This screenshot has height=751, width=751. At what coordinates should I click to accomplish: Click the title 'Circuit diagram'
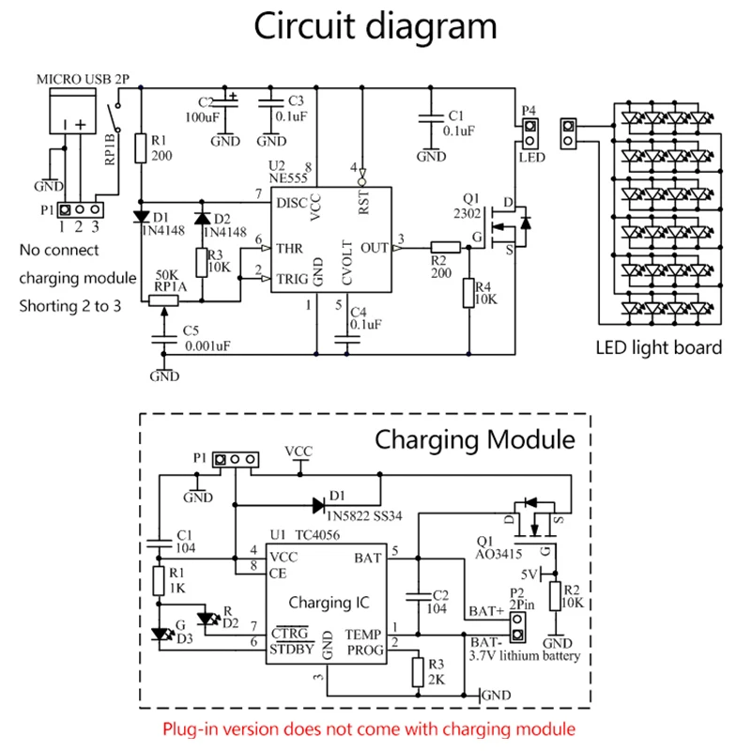point(376,28)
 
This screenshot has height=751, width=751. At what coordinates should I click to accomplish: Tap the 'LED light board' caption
point(659,347)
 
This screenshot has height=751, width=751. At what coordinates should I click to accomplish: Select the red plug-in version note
point(368,728)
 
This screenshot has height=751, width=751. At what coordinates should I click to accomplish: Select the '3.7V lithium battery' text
point(528,656)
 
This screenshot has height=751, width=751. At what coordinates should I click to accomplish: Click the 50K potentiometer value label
point(165,275)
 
